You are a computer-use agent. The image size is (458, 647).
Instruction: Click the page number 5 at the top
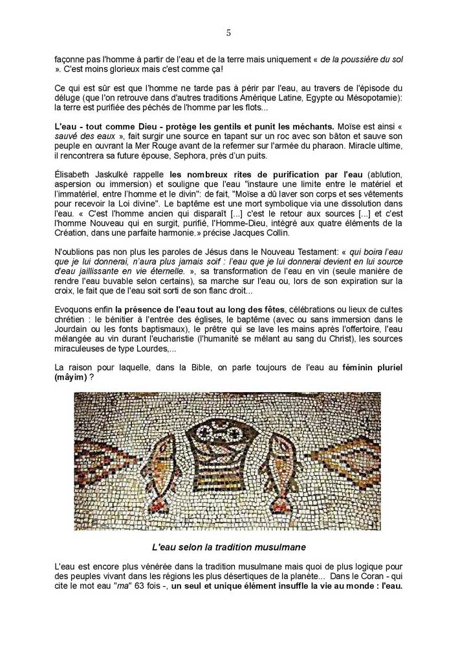click(228, 33)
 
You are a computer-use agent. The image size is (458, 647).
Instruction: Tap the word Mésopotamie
click(370, 97)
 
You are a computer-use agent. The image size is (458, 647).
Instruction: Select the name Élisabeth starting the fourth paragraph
click(74, 175)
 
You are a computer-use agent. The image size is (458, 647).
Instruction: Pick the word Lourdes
click(154, 349)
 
